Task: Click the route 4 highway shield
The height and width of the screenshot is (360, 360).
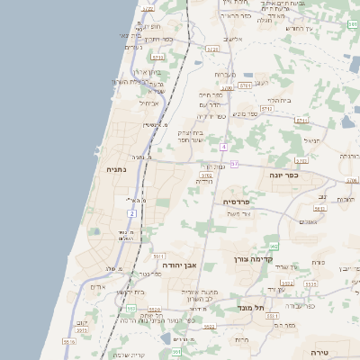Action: pos(222,146)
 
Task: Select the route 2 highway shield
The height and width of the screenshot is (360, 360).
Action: pos(131,213)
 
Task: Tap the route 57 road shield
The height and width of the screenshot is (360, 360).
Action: pos(234,163)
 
